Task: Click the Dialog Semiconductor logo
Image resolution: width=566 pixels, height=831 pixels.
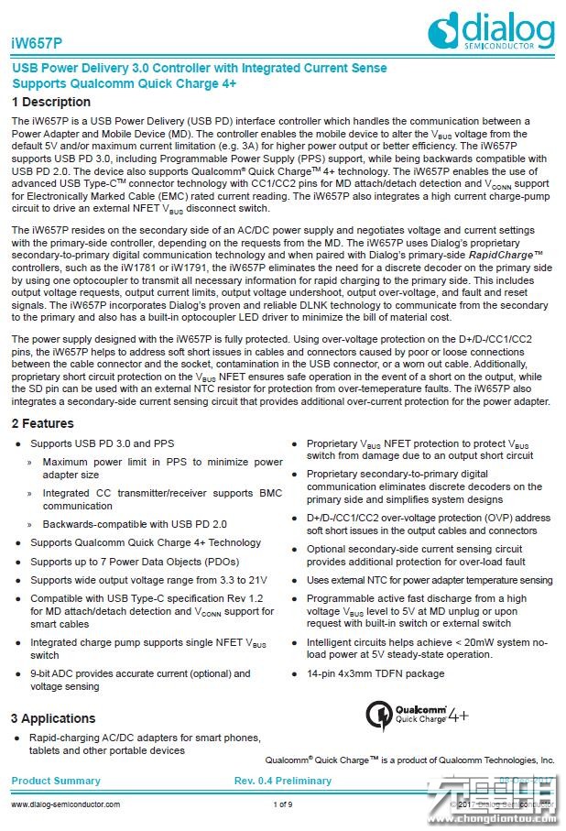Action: pyautogui.click(x=491, y=30)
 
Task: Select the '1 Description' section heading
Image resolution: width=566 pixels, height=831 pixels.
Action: pyautogui.click(x=51, y=102)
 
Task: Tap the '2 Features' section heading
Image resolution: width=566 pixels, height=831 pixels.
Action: pyautogui.click(x=43, y=423)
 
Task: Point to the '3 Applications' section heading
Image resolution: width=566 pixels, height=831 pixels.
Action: pyautogui.click(x=53, y=717)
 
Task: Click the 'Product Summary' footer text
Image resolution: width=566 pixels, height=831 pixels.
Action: pyautogui.click(x=56, y=781)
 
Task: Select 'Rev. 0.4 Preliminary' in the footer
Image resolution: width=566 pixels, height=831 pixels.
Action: pyautogui.click(x=283, y=781)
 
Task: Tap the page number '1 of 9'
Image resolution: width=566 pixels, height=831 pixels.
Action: pyautogui.click(x=283, y=804)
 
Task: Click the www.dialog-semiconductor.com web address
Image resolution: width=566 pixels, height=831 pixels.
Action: pyautogui.click(x=65, y=804)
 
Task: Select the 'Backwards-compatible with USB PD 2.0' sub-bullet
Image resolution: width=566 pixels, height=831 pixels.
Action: pyautogui.click(x=135, y=524)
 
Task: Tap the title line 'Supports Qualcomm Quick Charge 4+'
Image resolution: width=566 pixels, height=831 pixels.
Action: pyautogui.click(x=124, y=83)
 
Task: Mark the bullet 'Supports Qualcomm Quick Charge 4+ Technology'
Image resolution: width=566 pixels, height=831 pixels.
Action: pyautogui.click(x=133, y=542)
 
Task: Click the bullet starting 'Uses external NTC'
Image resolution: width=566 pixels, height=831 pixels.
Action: pyautogui.click(x=429, y=580)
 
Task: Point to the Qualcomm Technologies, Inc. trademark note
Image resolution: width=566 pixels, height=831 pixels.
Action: pyautogui.click(x=409, y=760)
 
